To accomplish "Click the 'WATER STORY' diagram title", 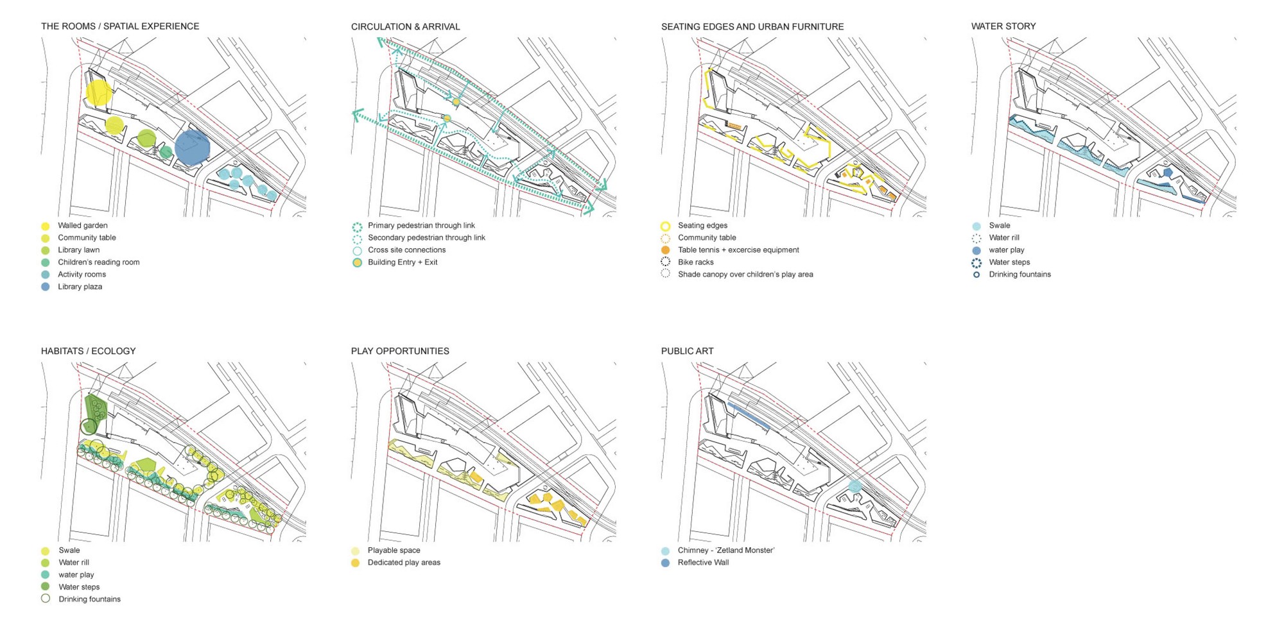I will [x=1003, y=26].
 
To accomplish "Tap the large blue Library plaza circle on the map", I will [x=192, y=148].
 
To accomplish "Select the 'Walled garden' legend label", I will [x=82, y=226].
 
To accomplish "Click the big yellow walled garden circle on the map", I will [x=98, y=92].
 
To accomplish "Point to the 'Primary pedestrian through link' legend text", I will [x=421, y=226].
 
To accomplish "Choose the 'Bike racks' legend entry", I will [x=695, y=262].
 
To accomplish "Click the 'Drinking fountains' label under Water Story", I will [x=1019, y=275].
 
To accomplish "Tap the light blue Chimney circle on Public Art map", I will [x=855, y=486].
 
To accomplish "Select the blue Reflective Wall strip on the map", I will [x=749, y=416].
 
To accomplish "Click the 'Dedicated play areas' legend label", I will [x=404, y=563].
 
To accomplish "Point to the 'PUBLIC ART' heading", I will [x=687, y=351].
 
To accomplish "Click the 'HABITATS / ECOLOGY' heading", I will [x=88, y=351].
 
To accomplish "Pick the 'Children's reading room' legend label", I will [x=98, y=262].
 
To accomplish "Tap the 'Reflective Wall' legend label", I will [x=703, y=563].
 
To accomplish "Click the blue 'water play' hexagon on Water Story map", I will [x=1168, y=173].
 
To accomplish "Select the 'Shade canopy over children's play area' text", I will [x=745, y=275].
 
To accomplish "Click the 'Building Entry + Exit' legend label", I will [x=402, y=262].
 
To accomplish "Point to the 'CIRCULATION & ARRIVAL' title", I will [x=405, y=27].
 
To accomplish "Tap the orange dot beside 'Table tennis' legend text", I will [x=665, y=250].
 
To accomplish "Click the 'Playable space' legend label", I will [x=394, y=550].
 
